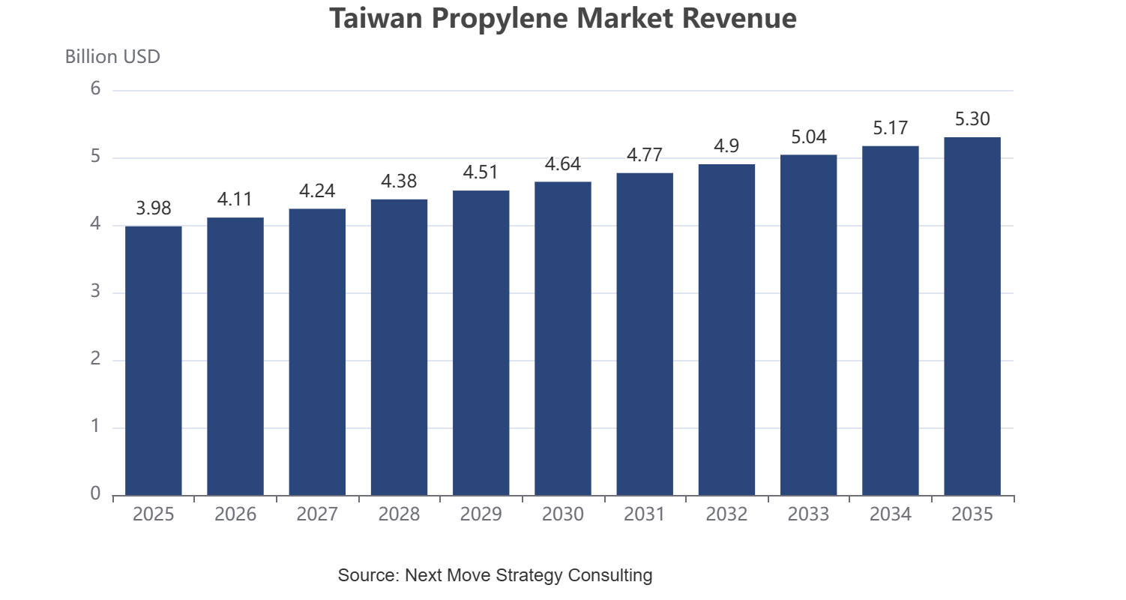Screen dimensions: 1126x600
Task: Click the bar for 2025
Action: click(x=154, y=361)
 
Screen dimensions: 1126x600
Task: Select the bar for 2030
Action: click(x=563, y=338)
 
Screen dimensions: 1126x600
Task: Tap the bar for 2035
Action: click(x=972, y=316)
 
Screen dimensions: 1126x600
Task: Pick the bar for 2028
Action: click(x=399, y=347)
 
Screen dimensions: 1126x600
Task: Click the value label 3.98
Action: click(x=154, y=208)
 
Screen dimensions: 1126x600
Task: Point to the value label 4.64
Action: click(x=563, y=163)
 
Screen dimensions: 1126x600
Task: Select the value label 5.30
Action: click(x=972, y=118)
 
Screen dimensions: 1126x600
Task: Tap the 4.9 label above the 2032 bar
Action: click(x=726, y=145)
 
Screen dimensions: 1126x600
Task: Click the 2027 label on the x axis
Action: click(x=317, y=514)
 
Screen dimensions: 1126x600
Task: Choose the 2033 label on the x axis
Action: click(x=808, y=514)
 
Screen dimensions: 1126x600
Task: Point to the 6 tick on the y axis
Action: click(x=95, y=88)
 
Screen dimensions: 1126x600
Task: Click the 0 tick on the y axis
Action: click(x=95, y=493)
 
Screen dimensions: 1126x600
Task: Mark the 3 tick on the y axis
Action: click(x=95, y=291)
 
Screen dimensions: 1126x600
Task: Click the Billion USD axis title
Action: click(x=112, y=56)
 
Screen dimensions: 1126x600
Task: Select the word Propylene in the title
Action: click(x=500, y=19)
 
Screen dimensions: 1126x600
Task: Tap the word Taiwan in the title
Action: click(x=376, y=18)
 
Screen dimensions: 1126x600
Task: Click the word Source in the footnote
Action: click(x=369, y=574)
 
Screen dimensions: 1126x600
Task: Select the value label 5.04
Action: click(x=808, y=136)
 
